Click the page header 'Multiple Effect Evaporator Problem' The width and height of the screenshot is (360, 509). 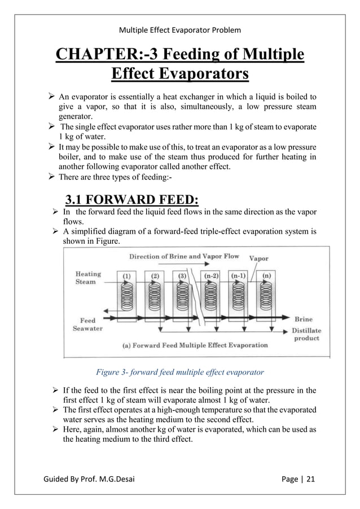179,29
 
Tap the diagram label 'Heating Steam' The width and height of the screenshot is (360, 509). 88,278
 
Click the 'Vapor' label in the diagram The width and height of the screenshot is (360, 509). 260,258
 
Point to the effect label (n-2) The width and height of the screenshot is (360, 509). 212,276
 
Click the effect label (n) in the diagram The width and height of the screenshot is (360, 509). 267,276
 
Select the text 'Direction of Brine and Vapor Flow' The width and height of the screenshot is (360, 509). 185,256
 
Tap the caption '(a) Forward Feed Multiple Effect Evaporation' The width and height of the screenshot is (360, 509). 195,345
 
